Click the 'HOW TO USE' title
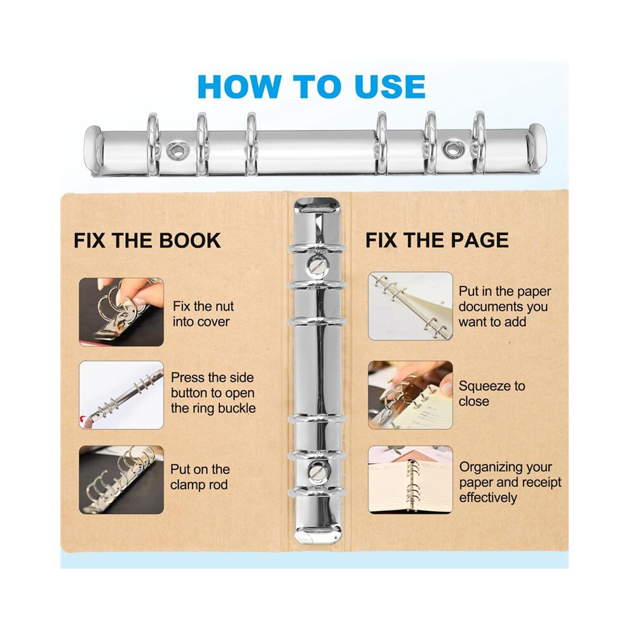tap(311, 86)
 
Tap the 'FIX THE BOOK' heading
tap(147, 241)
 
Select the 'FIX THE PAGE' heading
tap(437, 240)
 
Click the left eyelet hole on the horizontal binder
tap(175, 151)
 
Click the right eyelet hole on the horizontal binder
tap(454, 149)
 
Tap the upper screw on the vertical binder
tap(317, 264)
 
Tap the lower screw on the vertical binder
tap(317, 470)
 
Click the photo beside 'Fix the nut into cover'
tap(121, 312)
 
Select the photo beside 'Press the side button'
tap(121, 395)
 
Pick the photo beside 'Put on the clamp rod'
tap(121, 480)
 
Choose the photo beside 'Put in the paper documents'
tap(410, 306)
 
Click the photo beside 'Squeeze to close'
tap(410, 395)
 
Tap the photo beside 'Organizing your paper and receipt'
tap(410, 479)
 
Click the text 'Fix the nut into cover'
tap(203, 314)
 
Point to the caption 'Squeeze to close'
tap(492, 393)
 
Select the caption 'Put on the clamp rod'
tap(200, 477)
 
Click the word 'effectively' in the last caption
tap(488, 498)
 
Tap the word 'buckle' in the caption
tap(236, 409)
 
